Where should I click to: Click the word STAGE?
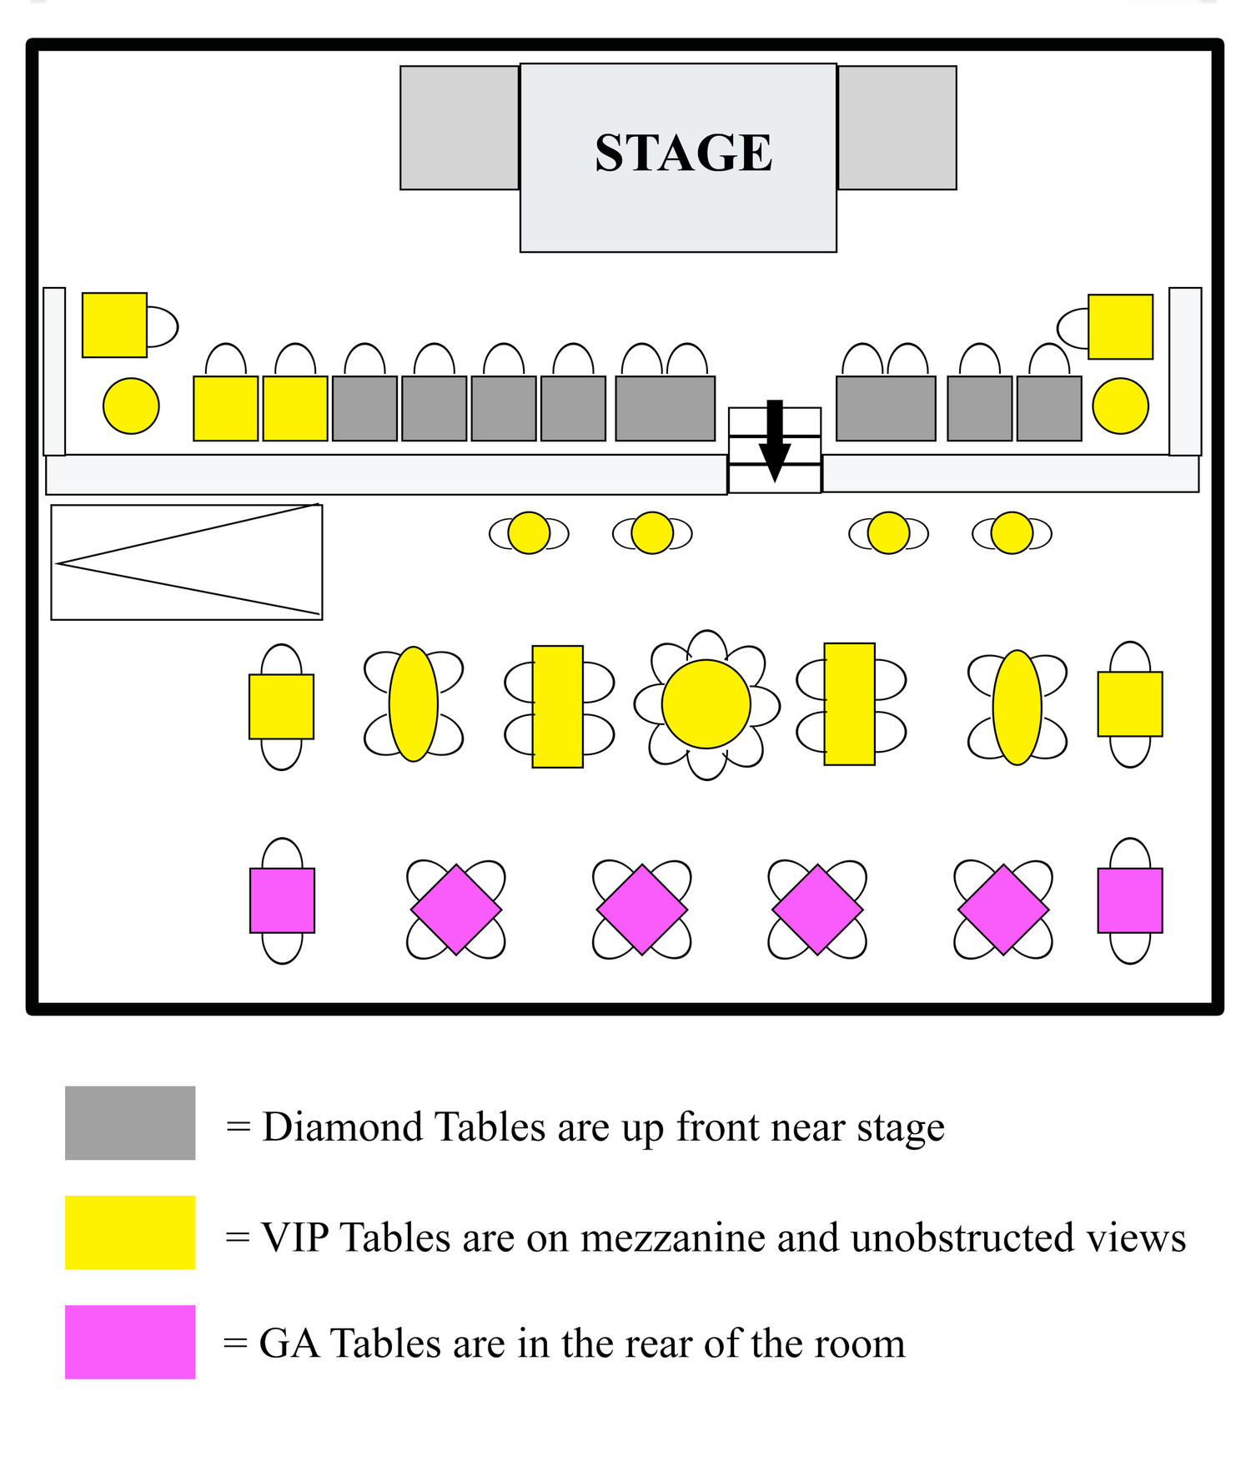684,153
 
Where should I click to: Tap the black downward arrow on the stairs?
775,441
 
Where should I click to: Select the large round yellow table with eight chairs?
706,704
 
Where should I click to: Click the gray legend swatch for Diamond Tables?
130,1122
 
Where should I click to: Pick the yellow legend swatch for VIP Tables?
130,1233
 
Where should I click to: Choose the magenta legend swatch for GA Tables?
130,1342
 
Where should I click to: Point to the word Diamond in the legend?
343,1127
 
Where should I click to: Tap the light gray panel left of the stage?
460,128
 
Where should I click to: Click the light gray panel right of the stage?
897,128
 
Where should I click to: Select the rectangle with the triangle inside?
187,562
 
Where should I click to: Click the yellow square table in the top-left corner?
114,325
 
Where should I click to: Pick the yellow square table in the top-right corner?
1121,326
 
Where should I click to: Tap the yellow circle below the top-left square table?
131,406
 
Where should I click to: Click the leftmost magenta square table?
282,900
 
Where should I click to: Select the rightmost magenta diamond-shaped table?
1003,910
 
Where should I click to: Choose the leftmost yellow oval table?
414,703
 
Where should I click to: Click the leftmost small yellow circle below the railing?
529,532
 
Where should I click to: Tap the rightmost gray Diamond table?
1049,408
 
